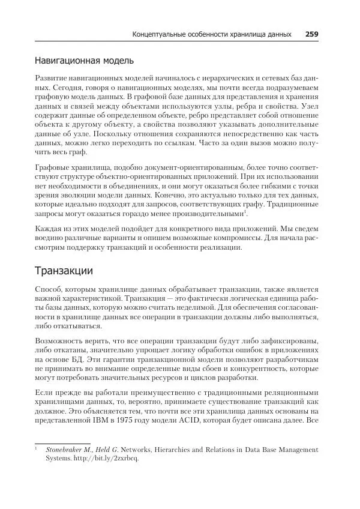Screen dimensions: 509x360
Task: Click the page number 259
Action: [311, 34]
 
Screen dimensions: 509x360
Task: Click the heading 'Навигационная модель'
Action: [83, 61]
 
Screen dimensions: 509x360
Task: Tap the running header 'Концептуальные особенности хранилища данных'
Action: [212, 34]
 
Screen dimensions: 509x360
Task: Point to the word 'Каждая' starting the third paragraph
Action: [49, 229]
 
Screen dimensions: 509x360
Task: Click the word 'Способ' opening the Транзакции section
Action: [49, 289]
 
